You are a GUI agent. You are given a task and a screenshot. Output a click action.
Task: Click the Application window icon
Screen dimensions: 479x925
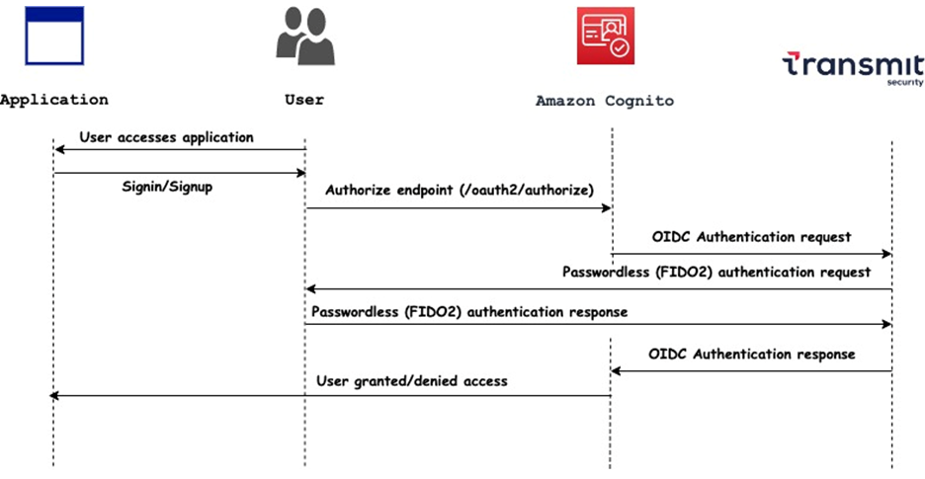tap(54, 36)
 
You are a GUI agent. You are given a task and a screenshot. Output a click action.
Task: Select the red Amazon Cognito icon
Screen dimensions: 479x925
tap(605, 36)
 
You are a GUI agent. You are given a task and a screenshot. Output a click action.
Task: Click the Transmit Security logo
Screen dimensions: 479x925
tap(852, 69)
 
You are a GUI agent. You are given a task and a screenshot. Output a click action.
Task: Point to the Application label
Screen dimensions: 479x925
tap(54, 100)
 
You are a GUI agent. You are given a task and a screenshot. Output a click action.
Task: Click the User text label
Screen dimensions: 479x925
tap(303, 100)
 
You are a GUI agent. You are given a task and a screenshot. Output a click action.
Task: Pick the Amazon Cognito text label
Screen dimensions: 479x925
tap(605, 101)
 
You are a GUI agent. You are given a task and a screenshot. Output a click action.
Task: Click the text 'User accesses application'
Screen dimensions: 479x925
tap(166, 137)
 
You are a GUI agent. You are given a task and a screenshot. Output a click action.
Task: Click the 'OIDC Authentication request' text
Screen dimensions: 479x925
tap(751, 237)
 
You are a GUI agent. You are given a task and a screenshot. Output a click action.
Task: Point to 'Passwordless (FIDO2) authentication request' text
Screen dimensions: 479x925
tap(716, 272)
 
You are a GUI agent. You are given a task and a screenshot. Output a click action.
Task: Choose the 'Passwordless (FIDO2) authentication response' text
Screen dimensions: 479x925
tap(469, 311)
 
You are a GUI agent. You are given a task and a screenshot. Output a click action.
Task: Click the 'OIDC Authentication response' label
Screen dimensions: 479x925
tap(751, 354)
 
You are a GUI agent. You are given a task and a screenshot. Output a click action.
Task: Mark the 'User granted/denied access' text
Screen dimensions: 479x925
tap(412, 380)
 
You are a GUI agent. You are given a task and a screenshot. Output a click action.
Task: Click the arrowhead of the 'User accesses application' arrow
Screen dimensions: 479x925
tap(59, 149)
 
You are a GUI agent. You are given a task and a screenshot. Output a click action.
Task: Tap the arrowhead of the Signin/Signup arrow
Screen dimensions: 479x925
tap(300, 173)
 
